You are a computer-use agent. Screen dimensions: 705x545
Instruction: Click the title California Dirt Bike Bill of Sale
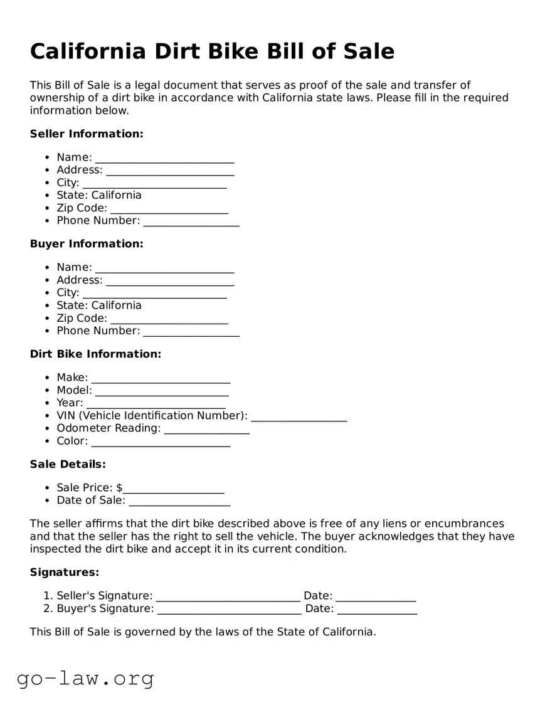(212, 51)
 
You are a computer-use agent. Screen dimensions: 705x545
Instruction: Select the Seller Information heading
(87, 134)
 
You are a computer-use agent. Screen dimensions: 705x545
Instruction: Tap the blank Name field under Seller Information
(164, 158)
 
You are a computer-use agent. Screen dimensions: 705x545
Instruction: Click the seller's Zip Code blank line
(169, 209)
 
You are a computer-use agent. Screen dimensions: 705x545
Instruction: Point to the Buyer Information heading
(87, 244)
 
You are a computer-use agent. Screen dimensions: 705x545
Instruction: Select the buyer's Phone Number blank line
(191, 332)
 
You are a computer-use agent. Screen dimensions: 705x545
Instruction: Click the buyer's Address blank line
(170, 281)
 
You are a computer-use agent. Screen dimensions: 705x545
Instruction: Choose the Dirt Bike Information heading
(95, 354)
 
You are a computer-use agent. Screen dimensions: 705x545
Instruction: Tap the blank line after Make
(161, 379)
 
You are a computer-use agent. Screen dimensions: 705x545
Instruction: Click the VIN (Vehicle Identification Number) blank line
(299, 416)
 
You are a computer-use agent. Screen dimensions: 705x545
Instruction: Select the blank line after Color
(161, 442)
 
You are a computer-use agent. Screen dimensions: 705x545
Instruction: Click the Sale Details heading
(68, 464)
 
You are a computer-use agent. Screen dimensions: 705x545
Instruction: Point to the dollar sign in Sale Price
(119, 488)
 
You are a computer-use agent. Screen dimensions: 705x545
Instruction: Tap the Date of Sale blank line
(179, 501)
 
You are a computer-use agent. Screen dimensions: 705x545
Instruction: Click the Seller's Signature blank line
(228, 596)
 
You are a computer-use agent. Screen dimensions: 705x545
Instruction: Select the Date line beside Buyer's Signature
(376, 609)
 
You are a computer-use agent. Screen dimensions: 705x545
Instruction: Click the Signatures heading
(65, 573)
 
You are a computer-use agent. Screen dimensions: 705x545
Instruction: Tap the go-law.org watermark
(85, 678)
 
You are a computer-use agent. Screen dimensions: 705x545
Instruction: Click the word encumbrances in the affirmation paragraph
(463, 524)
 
